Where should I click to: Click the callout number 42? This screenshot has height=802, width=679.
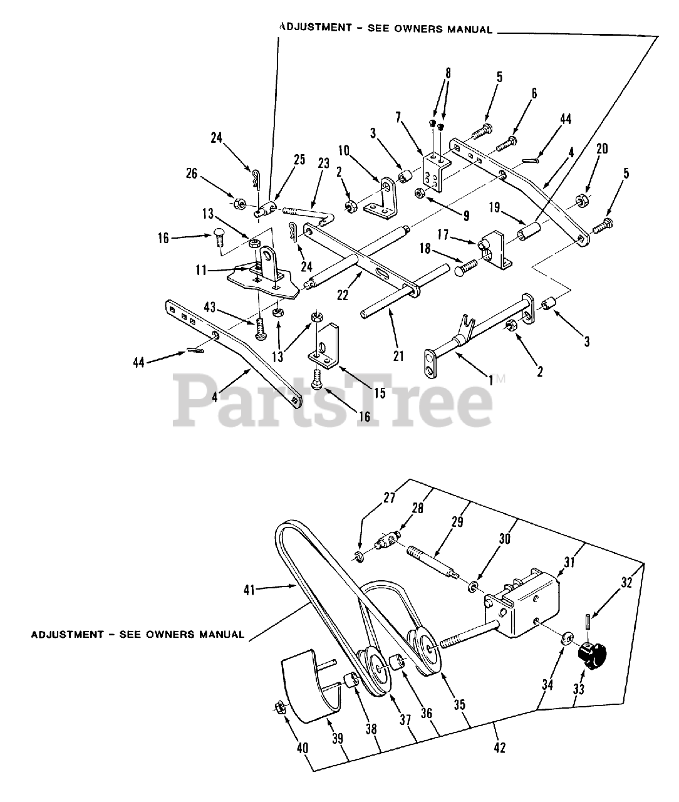(499, 747)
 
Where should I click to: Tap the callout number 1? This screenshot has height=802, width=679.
(490, 380)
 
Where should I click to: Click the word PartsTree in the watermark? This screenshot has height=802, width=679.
(332, 400)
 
